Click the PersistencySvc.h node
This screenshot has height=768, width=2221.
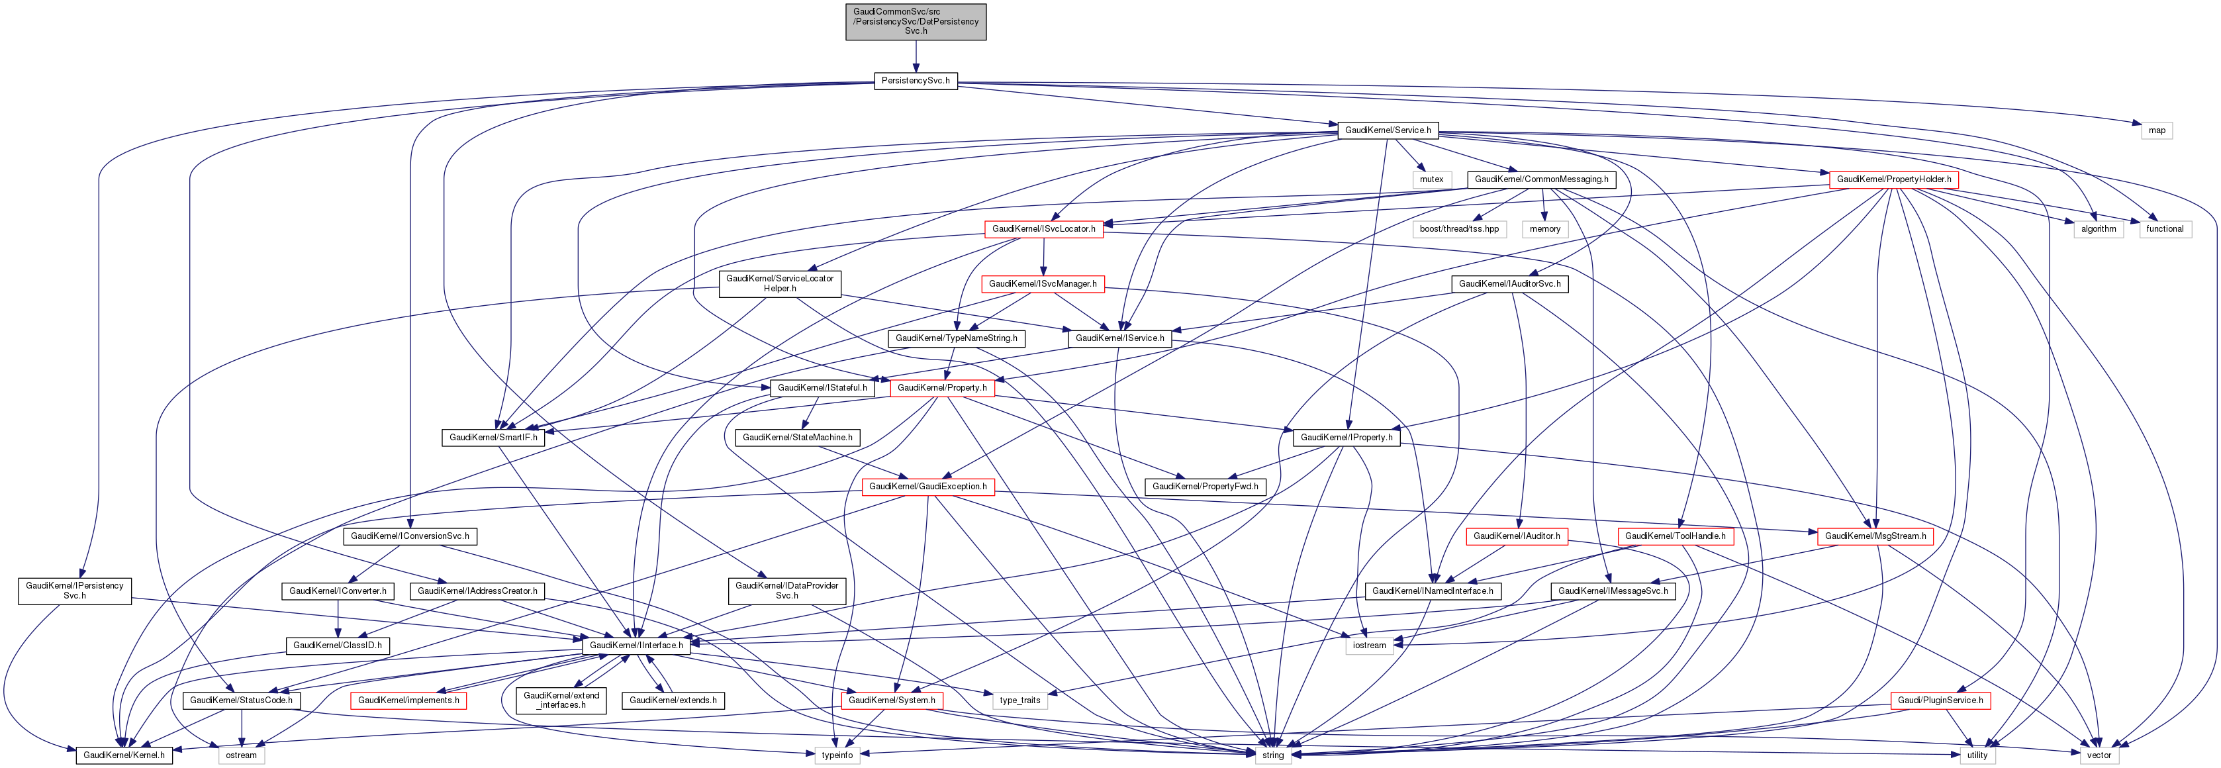point(915,80)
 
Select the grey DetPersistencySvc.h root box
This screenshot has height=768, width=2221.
point(916,22)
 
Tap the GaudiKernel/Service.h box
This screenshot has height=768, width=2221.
point(1388,130)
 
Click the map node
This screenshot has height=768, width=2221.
point(2156,130)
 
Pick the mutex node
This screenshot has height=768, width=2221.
point(1431,179)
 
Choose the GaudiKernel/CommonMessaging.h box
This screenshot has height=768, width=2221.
point(1540,179)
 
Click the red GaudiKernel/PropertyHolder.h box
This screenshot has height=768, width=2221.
point(1893,179)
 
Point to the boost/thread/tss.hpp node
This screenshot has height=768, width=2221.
point(1459,228)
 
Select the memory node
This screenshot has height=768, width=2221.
point(1545,228)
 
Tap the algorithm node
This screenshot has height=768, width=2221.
point(2099,228)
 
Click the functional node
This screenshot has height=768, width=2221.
point(2164,228)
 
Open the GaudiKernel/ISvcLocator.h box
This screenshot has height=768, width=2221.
point(1043,228)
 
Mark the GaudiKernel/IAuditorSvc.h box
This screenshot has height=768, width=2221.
point(1509,283)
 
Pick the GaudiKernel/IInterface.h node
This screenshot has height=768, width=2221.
point(636,645)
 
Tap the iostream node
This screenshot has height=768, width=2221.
point(1369,645)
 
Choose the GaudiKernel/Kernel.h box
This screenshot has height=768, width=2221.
point(123,755)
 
